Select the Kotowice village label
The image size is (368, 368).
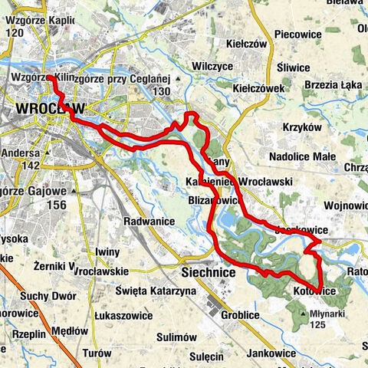pyautogui.click(x=315, y=291)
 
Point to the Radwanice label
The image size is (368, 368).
pyautogui.click(x=149, y=221)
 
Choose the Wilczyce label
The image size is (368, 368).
pyautogui.click(x=212, y=66)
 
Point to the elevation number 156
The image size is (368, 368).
pyautogui.click(x=54, y=205)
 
